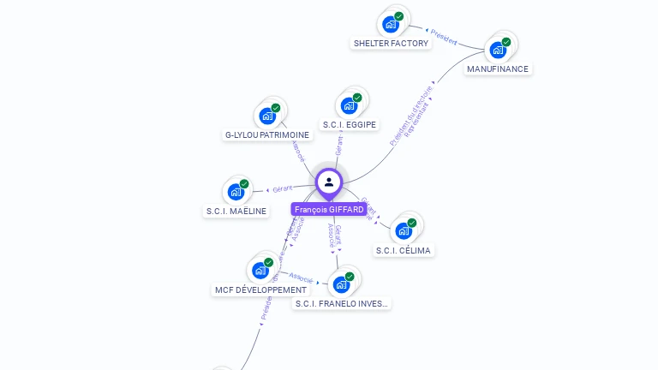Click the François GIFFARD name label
pyautogui.click(x=328, y=209)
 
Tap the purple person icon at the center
pyautogui.click(x=329, y=182)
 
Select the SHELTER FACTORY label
pyautogui.click(x=391, y=43)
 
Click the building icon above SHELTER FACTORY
pyautogui.click(x=392, y=24)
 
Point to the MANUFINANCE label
pyautogui.click(x=498, y=69)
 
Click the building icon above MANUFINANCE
pyautogui.click(x=499, y=49)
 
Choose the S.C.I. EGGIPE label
pyautogui.click(x=349, y=125)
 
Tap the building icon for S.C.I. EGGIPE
pyautogui.click(x=350, y=105)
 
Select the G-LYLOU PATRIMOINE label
pyautogui.click(x=267, y=134)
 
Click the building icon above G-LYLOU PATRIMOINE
pyautogui.click(x=268, y=115)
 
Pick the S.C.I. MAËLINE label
pyautogui.click(x=236, y=211)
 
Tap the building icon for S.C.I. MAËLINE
pyautogui.click(x=236, y=192)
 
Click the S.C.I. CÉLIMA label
pyautogui.click(x=404, y=250)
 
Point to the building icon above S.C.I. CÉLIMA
pyautogui.click(x=404, y=230)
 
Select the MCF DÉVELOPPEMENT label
pyautogui.click(x=260, y=289)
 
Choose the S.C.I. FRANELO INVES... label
pyautogui.click(x=342, y=303)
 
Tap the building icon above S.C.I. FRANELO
pyautogui.click(x=342, y=283)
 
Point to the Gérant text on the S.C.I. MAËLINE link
pyautogui.click(x=283, y=188)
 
